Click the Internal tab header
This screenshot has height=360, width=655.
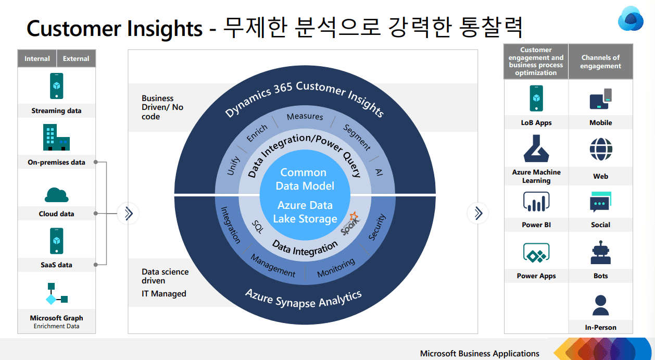coord(37,59)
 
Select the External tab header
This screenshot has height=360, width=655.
coord(76,59)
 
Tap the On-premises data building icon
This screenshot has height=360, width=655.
coord(56,138)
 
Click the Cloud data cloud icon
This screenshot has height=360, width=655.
coord(56,194)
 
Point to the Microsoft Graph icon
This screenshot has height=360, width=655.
coord(56,294)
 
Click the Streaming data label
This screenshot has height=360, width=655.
coord(56,111)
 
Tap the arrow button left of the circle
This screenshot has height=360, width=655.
coord(128,213)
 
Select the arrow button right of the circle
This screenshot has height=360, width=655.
coord(478,213)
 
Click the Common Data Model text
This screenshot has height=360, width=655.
coord(304,179)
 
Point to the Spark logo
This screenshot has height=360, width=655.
coord(349,224)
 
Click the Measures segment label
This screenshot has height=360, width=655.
coord(305,117)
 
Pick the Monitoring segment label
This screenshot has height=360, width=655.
coord(336,268)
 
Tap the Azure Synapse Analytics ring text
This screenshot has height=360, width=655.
coord(304,300)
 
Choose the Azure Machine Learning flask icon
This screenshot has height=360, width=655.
coord(536,149)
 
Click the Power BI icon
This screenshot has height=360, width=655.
coord(536,202)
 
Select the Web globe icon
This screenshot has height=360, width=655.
coord(600,150)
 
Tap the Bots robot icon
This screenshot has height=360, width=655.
coord(600,253)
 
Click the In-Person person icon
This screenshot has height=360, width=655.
coord(600,305)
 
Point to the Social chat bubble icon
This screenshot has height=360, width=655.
coord(600,202)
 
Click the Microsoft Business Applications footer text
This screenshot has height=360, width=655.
coord(480,354)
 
